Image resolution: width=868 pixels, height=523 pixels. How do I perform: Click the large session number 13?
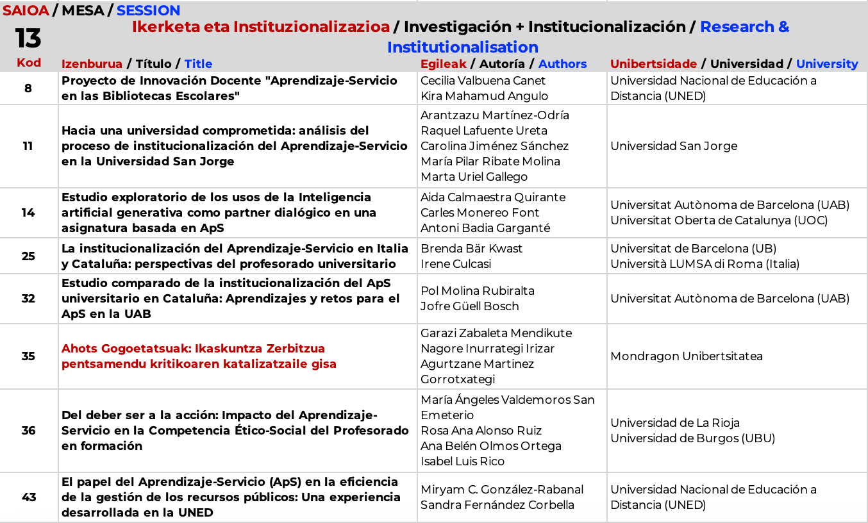coord(28,38)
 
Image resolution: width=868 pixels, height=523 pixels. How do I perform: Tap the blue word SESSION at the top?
coord(148,10)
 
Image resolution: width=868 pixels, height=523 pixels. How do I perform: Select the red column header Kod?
coord(28,62)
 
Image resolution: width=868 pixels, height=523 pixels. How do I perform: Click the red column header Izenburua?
coord(92,63)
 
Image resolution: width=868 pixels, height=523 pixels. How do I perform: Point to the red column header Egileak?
coord(444,63)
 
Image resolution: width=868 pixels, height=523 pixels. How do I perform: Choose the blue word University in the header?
coord(826,63)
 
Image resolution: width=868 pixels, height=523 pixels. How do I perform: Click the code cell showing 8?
coord(28,88)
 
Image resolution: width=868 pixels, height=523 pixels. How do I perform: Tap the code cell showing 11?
coord(28,145)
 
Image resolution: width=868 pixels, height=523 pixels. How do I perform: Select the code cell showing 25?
coord(28,256)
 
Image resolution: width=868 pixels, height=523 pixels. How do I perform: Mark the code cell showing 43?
coord(28,497)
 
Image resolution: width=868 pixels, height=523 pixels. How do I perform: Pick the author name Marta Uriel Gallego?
coord(474,177)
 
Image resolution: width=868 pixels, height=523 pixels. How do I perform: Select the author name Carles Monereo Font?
coord(480,213)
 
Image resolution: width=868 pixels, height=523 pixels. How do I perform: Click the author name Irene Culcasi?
coord(455,264)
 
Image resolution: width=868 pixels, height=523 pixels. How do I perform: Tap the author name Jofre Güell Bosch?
coord(469,306)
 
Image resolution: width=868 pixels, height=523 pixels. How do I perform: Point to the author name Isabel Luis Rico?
coord(462,461)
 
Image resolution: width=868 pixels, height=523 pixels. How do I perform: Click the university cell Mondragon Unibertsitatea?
coord(686,356)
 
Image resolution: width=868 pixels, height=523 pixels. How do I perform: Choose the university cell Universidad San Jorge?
coord(674,146)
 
